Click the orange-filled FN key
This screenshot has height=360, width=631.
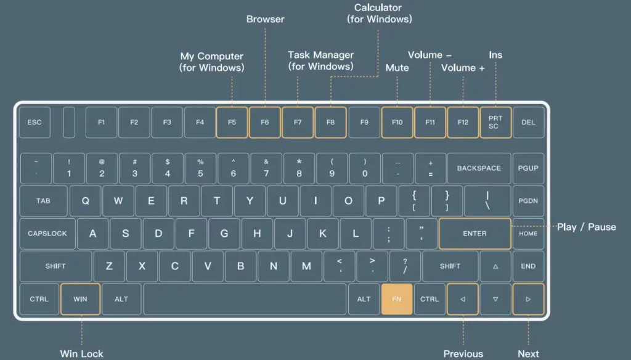[x=397, y=299]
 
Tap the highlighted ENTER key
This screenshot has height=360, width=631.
[x=475, y=234]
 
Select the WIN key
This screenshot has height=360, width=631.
[x=80, y=299]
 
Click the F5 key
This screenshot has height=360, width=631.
[x=232, y=123]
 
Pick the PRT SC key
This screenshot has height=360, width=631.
[x=496, y=123]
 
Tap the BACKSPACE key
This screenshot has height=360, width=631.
[x=479, y=168]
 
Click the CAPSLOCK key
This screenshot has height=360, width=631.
[x=47, y=234]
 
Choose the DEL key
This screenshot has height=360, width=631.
[x=528, y=123]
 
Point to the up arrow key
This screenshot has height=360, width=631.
[x=495, y=266]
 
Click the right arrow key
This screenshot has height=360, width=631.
[x=528, y=299]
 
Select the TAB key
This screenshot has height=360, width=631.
[x=44, y=201]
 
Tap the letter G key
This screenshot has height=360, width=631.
[x=224, y=234]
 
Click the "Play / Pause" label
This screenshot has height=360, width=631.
[x=587, y=227]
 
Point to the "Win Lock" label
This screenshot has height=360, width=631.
[x=82, y=354]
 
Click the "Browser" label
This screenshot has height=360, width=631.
[x=265, y=19]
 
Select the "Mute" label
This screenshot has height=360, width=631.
[x=397, y=68]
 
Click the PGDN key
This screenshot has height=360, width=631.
[x=528, y=201]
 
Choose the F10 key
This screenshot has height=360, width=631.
[x=397, y=123]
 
